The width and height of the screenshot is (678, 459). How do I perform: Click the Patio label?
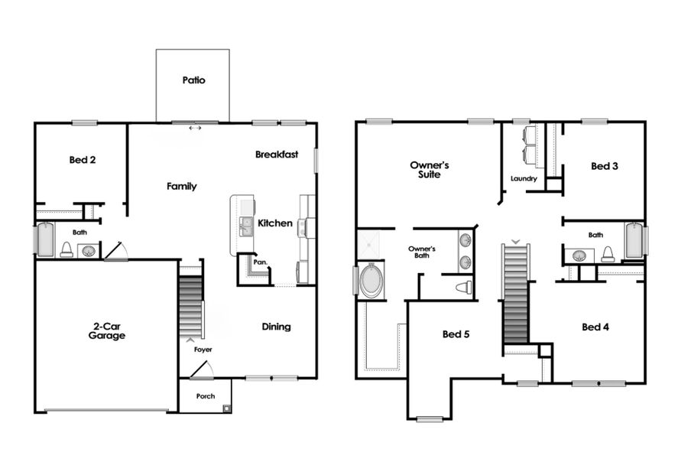pyautogui.click(x=193, y=80)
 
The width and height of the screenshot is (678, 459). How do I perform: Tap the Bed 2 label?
pyautogui.click(x=82, y=160)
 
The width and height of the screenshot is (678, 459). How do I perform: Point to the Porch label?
pyautogui.click(x=205, y=396)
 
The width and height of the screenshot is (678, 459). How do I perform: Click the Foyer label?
pyautogui.click(x=203, y=350)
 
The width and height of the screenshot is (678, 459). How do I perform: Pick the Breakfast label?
pyautogui.click(x=276, y=155)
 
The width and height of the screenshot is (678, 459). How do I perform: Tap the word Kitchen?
pyautogui.click(x=274, y=223)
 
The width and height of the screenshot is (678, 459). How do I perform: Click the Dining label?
pyautogui.click(x=276, y=327)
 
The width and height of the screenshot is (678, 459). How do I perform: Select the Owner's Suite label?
pyautogui.click(x=429, y=169)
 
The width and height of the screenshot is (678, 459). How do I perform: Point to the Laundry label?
pyautogui.click(x=524, y=179)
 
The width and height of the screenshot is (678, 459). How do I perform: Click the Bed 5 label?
pyautogui.click(x=456, y=334)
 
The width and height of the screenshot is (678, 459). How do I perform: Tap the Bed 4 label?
pyautogui.click(x=595, y=327)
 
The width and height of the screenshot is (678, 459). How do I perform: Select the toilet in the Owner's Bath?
pyautogui.click(x=463, y=288)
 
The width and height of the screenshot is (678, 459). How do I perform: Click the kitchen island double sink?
pyautogui.click(x=246, y=226)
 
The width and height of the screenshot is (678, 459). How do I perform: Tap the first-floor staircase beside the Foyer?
pyautogui.click(x=190, y=306)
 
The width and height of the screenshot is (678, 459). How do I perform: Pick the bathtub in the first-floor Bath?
pyautogui.click(x=44, y=239)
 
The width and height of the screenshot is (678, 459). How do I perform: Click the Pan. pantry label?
pyautogui.click(x=260, y=261)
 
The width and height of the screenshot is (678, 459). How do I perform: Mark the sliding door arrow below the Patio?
pyautogui.click(x=196, y=128)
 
